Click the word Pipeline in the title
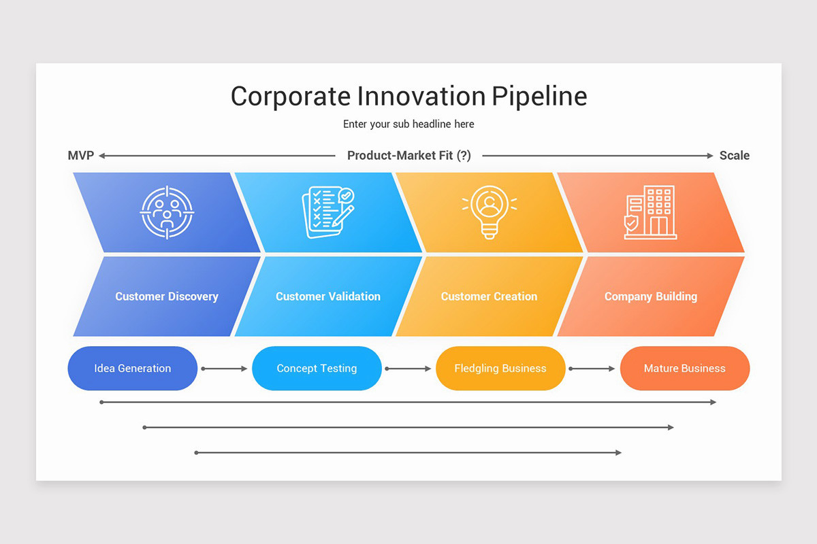(539, 97)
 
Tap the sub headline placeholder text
(408, 124)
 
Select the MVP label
(80, 156)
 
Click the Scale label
(735, 156)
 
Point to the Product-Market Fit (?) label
(408, 156)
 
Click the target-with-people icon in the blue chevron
(167, 212)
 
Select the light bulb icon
(489, 212)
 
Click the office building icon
(650, 212)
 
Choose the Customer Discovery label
(167, 296)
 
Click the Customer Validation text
(328, 296)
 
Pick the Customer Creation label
(489, 296)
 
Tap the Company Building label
(651, 296)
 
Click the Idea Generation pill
(133, 369)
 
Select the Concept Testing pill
(317, 369)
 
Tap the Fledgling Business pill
(500, 369)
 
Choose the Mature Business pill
(685, 369)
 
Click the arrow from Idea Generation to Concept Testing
(225, 369)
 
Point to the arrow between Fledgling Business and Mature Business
(592, 369)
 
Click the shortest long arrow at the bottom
(408, 452)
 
